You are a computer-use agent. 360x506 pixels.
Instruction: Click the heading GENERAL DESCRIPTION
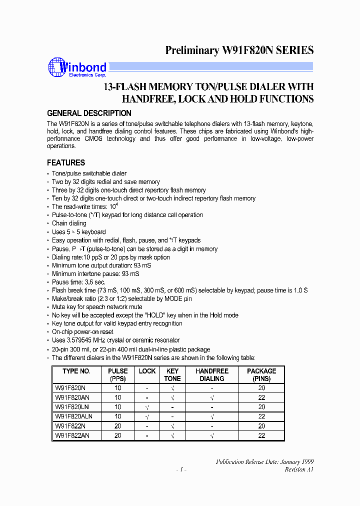[x=89, y=113]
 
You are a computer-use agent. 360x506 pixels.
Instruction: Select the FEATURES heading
[x=66, y=162]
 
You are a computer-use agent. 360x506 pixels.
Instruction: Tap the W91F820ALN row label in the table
[x=73, y=416]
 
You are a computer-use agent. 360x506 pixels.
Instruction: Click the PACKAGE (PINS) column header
[x=261, y=374]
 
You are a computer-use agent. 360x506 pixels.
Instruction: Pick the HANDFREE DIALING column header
[x=212, y=374]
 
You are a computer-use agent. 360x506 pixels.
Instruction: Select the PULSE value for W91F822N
[x=118, y=426]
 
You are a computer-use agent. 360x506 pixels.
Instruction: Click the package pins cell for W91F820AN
[x=261, y=397]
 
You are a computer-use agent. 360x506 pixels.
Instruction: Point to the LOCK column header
[x=147, y=371]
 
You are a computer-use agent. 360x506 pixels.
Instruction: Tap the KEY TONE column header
[x=172, y=374]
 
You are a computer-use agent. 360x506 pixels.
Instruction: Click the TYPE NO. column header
[x=76, y=371]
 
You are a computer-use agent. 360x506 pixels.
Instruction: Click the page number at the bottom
[x=181, y=469]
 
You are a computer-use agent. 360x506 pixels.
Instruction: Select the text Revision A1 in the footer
[x=299, y=469]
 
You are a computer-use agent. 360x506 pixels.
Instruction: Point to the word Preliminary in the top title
[x=192, y=50]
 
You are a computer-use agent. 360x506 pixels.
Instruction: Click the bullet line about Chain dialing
[x=69, y=223]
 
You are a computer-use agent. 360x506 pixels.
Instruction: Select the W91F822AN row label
[x=72, y=435]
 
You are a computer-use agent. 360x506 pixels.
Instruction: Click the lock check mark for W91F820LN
[x=147, y=407]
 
